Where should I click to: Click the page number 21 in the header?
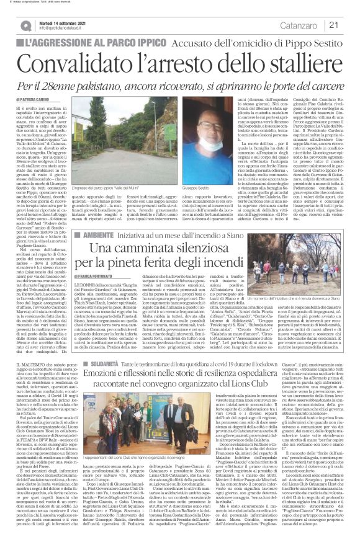(348, 25)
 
